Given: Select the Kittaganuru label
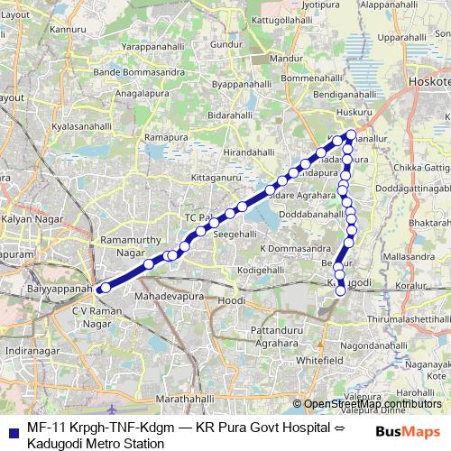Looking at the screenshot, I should pos(219,178).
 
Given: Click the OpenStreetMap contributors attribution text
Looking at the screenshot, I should pos(368,404).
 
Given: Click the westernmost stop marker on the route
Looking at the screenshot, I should pos(106,288).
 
